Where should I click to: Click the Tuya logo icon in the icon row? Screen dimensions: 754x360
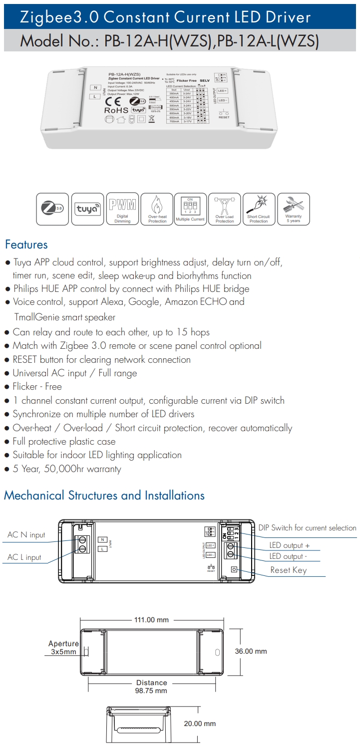[88, 209]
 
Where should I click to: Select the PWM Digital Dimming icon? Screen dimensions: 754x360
[122, 209]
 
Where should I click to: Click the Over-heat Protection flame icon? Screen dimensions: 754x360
[157, 209]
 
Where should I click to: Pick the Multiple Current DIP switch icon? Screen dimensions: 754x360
[190, 209]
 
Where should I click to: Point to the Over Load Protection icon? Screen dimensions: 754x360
[225, 209]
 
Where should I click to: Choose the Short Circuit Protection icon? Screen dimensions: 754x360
[259, 209]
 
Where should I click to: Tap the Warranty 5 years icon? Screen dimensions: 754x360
[293, 209]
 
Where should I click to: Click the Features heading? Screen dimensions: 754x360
[26, 245]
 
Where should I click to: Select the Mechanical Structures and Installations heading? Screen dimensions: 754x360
[104, 496]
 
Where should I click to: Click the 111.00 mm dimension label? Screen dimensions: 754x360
[151, 620]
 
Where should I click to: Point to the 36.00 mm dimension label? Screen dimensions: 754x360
[251, 651]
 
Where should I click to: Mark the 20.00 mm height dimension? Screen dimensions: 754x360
[200, 724]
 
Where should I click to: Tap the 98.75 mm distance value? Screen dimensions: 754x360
[151, 691]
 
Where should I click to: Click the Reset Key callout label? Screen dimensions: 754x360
[288, 570]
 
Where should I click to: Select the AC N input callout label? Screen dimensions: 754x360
[26, 535]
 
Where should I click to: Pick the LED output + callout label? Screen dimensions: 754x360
[290, 545]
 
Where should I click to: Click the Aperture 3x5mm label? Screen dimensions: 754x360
[63, 648]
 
